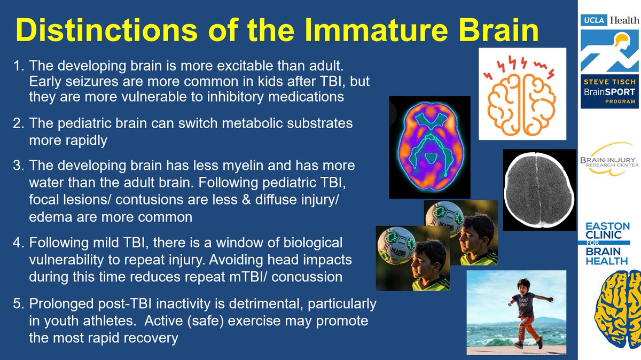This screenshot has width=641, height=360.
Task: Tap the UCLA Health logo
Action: click(610, 20)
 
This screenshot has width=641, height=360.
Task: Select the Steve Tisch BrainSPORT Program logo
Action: click(609, 91)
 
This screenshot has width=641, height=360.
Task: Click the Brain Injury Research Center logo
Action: click(609, 159)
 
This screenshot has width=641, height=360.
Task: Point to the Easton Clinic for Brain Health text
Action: click(607, 244)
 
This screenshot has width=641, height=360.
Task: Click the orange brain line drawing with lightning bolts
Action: click(522, 94)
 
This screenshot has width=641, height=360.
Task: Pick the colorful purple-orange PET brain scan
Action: click(429, 147)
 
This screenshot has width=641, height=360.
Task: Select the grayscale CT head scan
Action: click(540, 190)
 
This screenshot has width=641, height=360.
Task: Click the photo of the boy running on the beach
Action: click(516, 312)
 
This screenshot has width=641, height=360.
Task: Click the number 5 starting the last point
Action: click(17, 303)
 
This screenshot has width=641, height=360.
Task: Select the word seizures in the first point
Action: click(92, 82)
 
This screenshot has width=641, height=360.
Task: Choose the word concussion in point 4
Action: click(307, 277)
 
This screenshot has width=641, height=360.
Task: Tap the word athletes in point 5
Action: click(110, 321)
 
